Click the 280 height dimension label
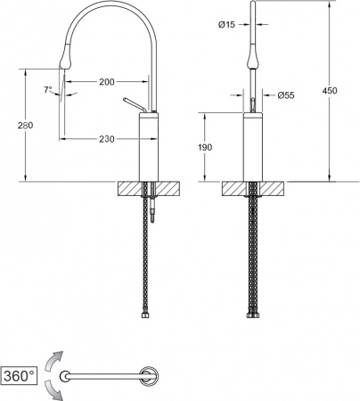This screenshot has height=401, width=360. [x=25, y=126]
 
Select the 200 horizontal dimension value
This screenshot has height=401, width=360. [x=107, y=82]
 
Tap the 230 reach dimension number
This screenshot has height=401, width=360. [x=107, y=139]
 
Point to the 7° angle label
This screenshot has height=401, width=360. [x=48, y=89]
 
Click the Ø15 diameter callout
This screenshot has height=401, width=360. [x=226, y=25]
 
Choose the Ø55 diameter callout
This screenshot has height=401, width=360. [x=286, y=95]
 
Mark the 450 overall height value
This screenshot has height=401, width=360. [x=330, y=90]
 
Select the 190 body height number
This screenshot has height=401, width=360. [x=205, y=147]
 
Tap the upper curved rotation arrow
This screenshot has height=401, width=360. [x=53, y=360]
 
